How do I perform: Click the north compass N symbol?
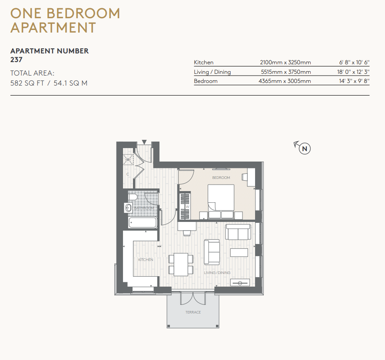point(305,149)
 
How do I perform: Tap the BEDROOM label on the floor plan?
point(221,178)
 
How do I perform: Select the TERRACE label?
point(193,312)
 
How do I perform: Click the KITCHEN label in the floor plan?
point(146,260)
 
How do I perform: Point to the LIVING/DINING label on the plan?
point(217,273)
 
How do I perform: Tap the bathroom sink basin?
point(129,208)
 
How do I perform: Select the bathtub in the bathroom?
point(143,223)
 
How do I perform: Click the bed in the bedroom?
point(221,201)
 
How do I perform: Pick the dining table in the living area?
point(181,264)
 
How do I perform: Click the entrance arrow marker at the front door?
point(144,142)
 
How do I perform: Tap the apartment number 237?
point(16,59)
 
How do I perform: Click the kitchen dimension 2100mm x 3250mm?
point(285,63)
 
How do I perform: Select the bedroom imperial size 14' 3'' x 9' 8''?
point(354,81)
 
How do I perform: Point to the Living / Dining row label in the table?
point(212,72)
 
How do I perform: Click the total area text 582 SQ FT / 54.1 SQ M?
point(49,83)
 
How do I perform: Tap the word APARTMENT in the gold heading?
point(53,27)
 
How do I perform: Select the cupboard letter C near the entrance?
point(128,174)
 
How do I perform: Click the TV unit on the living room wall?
point(240,282)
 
